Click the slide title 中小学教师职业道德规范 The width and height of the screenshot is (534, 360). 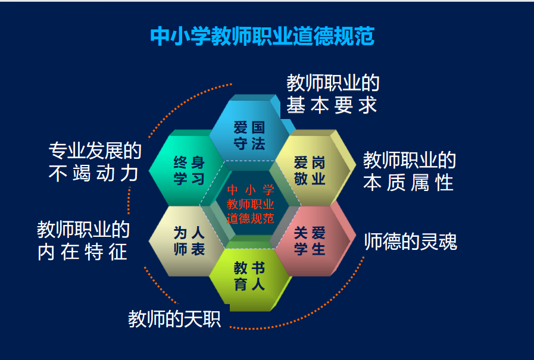262,36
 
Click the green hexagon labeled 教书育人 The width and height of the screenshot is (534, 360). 249,276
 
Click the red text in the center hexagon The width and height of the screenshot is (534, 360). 250,204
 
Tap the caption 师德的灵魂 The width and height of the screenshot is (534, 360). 411,242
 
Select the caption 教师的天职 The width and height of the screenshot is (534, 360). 174,319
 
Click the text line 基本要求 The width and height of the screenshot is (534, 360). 332,105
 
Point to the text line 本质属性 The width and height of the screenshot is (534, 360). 408,183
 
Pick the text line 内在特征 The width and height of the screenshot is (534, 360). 82,252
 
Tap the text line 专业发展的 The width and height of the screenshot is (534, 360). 95,151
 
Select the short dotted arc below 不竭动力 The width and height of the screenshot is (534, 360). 129,200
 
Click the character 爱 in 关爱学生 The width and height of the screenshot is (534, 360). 318,233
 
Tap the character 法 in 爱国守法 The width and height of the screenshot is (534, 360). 258,143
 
